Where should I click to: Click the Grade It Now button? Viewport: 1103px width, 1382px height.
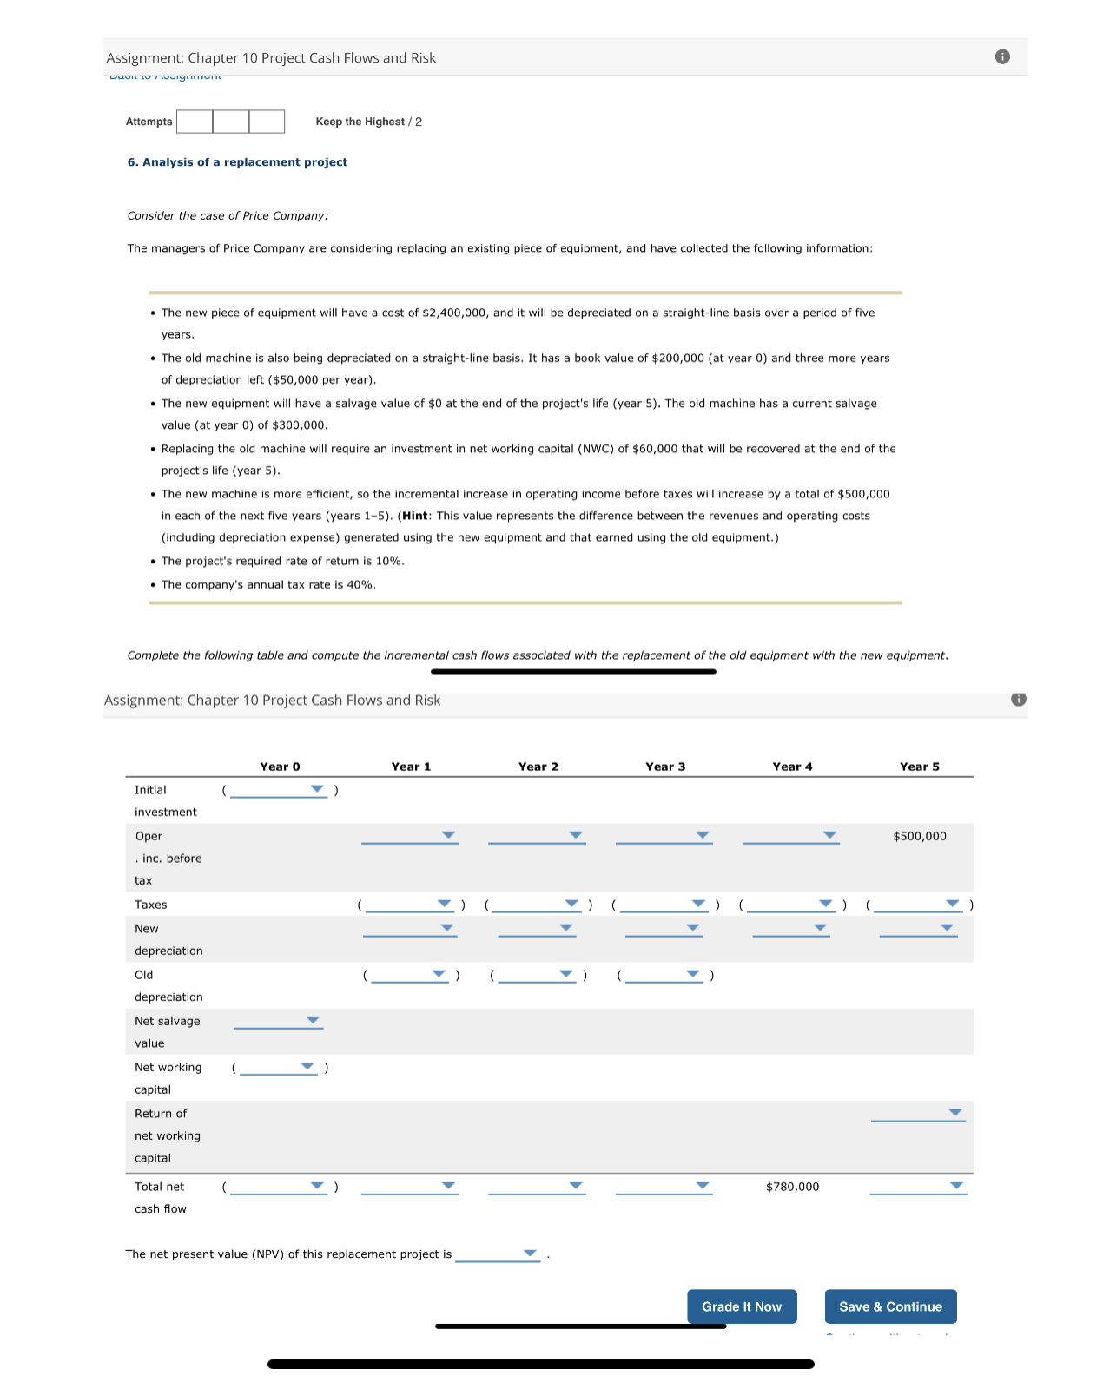(742, 1306)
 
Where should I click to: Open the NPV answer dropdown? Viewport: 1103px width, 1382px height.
(498, 1254)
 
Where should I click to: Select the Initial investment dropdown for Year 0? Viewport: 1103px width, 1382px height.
(279, 790)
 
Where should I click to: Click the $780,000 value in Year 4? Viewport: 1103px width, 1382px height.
(792, 1187)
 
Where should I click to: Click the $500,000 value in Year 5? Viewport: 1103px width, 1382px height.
(919, 836)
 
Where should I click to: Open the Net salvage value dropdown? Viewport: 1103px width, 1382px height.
(278, 1021)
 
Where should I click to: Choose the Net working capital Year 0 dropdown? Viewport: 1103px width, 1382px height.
(279, 1067)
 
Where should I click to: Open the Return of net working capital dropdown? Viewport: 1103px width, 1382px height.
(918, 1113)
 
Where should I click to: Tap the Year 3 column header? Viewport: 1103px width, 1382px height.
(665, 767)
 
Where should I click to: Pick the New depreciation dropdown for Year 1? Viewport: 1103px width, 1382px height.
(409, 929)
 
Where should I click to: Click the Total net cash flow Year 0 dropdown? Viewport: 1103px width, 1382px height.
(279, 1187)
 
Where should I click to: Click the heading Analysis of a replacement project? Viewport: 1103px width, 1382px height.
(237, 162)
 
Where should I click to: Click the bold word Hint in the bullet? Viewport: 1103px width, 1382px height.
(415, 516)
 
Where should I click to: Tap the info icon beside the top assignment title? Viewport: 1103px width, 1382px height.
(1002, 57)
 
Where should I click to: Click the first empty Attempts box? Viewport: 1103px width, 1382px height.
(195, 122)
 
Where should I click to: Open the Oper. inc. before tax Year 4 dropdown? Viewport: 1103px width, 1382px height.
(790, 836)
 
